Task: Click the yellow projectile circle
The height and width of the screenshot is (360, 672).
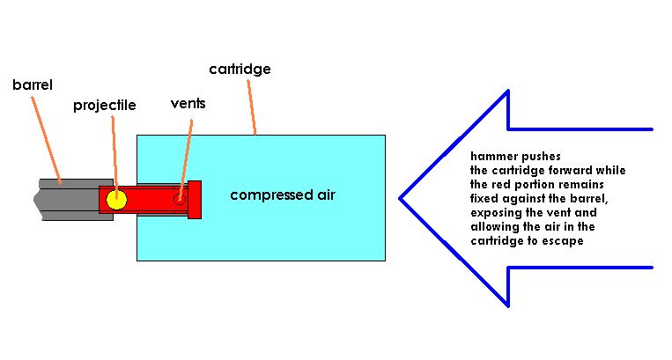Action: coord(116,200)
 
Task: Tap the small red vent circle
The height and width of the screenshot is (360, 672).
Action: coord(180,199)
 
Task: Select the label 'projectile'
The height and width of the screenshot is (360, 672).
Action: coord(104,105)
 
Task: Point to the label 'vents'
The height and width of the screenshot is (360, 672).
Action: coord(188,103)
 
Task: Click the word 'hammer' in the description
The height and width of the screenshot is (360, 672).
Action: coord(491,157)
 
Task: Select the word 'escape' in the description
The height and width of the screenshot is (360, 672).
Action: coord(563,239)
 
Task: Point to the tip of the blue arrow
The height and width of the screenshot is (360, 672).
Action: coord(402,198)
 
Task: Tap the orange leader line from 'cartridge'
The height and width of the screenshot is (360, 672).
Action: coord(250,106)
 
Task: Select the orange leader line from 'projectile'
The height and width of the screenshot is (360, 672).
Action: coord(114,150)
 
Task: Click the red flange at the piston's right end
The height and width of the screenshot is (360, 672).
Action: coord(195,199)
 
